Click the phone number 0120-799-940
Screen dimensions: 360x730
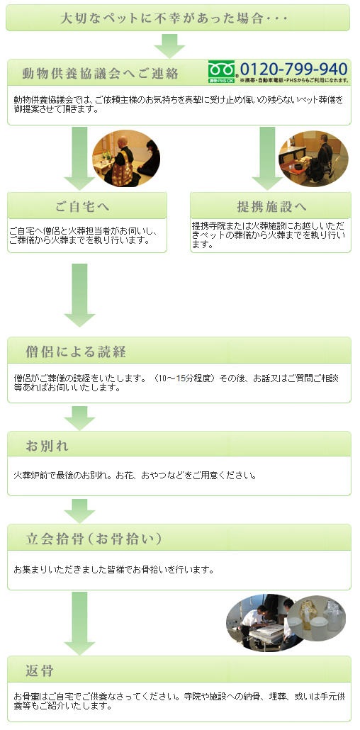(294, 69)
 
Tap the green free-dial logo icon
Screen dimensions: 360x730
(223, 72)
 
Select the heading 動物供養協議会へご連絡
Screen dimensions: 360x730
(100, 74)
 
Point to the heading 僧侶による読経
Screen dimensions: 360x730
(76, 352)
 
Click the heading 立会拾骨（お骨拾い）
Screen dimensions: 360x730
(94, 539)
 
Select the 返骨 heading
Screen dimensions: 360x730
(40, 671)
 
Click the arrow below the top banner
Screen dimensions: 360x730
(169, 45)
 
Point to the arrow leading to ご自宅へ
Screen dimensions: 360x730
(79, 158)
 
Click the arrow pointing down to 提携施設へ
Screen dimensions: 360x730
(267, 158)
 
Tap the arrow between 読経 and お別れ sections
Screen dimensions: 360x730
(79, 417)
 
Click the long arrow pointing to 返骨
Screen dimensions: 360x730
(79, 622)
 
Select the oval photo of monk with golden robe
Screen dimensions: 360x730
(126, 158)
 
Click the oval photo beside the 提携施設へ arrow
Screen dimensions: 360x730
(313, 158)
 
